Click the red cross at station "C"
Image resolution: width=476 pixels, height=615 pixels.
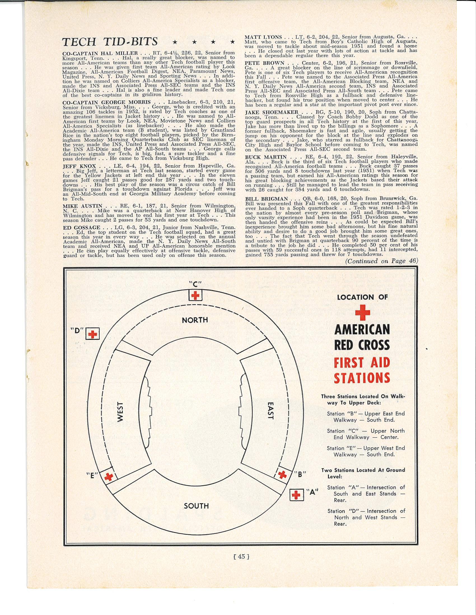[195, 296]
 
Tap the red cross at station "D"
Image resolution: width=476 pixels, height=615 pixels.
[92, 334]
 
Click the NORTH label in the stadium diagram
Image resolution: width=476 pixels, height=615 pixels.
[195, 320]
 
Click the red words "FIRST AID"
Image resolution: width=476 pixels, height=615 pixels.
[362, 362]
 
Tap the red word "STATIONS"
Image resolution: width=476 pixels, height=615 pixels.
[362, 378]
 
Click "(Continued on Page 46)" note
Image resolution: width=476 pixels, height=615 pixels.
[381, 261]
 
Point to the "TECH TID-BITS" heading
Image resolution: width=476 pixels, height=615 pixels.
[110, 42]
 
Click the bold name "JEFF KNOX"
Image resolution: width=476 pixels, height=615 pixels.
[80, 166]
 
